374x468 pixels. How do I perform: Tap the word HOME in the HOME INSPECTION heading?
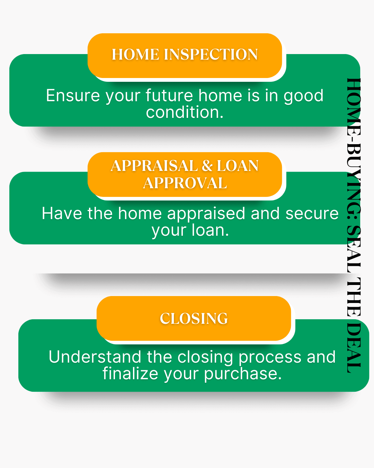click(x=135, y=54)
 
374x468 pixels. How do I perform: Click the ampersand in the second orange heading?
click(x=207, y=166)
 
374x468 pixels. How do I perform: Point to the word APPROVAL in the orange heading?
click(x=185, y=183)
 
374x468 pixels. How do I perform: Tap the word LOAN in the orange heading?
click(x=238, y=166)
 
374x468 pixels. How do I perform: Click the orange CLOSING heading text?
click(x=194, y=319)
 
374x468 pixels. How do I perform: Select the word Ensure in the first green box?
click(x=73, y=96)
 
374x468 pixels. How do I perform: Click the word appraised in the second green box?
click(x=206, y=214)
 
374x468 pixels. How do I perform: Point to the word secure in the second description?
click(x=312, y=214)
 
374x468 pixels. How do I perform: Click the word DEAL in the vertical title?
click(x=354, y=348)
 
